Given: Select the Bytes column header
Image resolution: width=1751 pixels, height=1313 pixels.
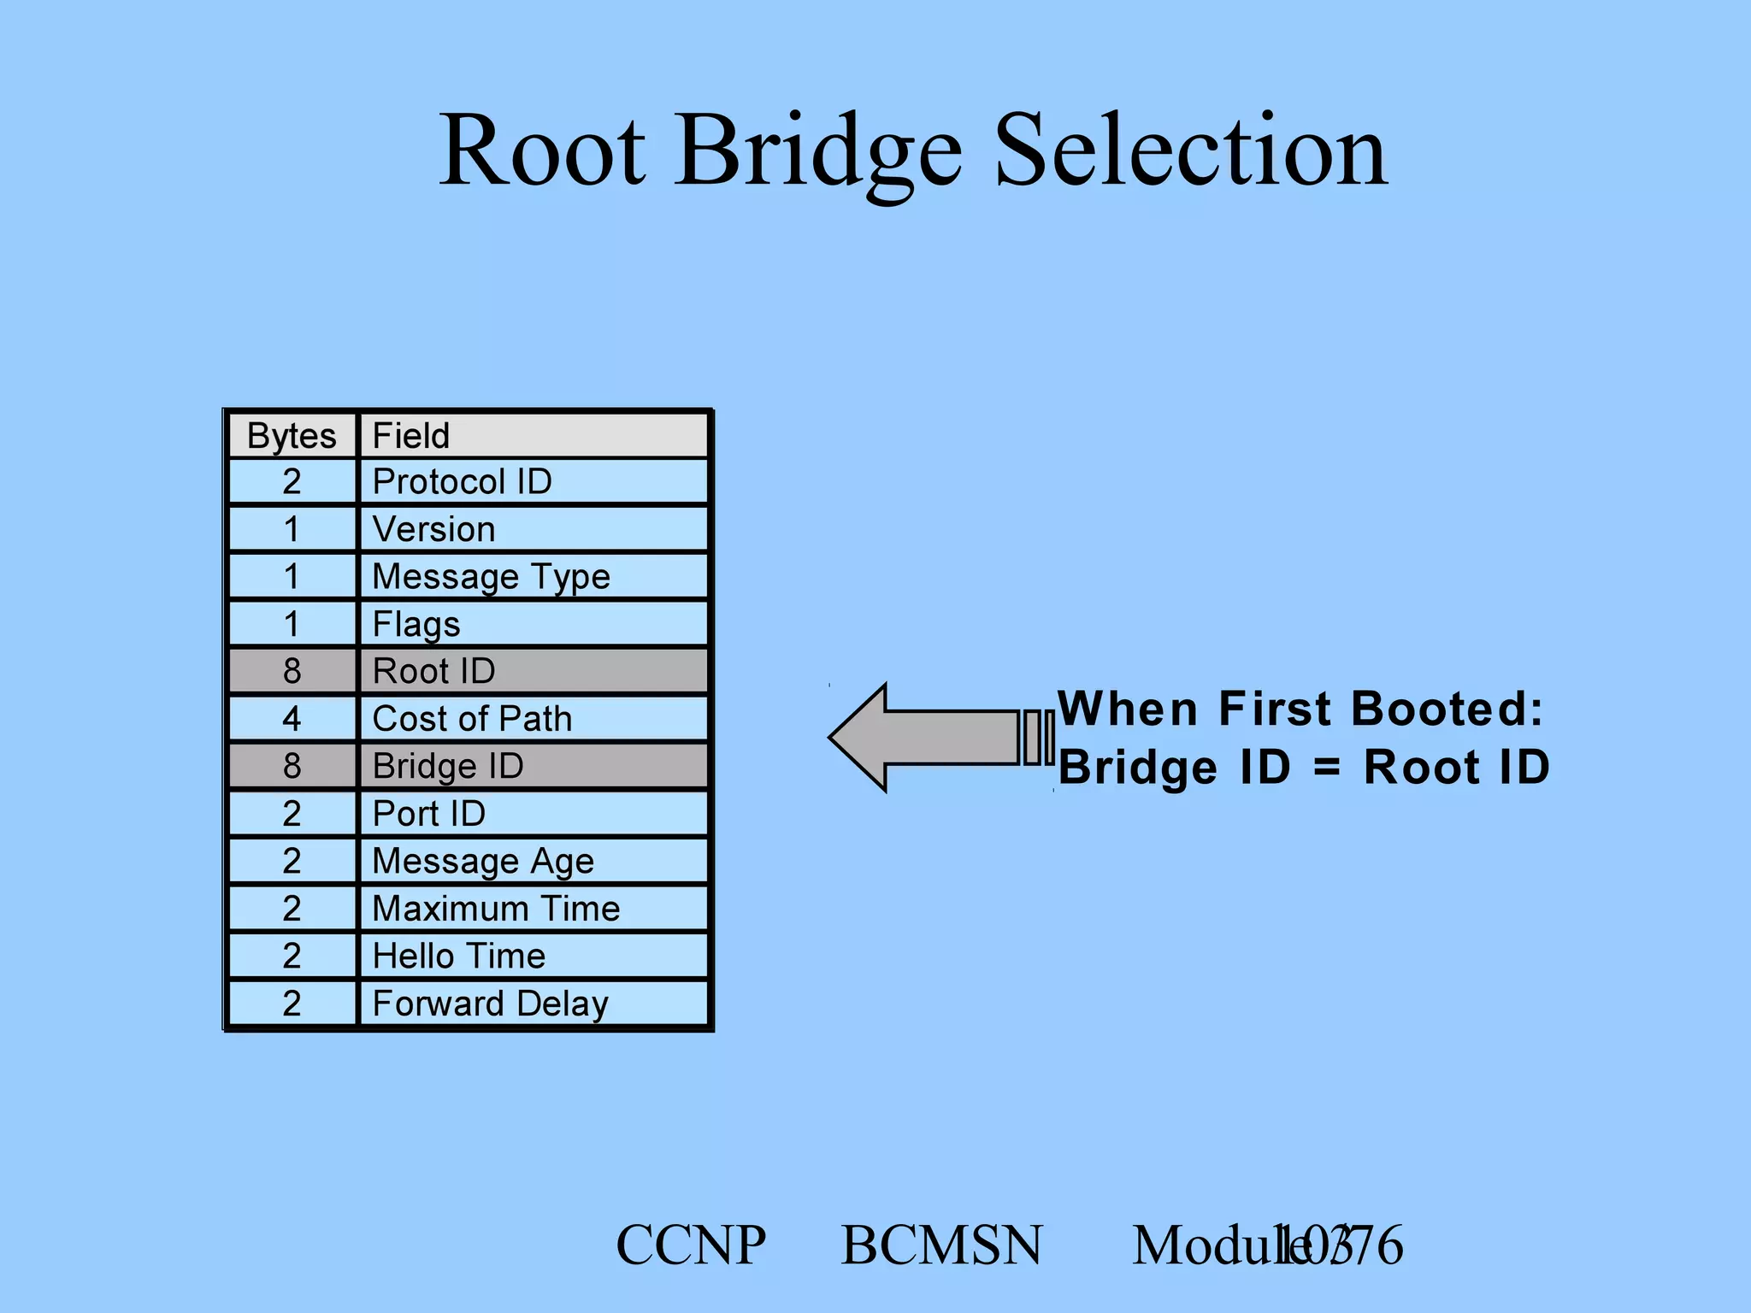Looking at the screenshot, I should pos(292,435).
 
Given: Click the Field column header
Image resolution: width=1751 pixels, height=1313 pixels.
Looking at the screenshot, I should pos(533,435).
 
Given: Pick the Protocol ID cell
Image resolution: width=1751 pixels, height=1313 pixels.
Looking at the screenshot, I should pos(533,482).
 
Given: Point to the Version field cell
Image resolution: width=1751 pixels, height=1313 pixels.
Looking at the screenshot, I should pos(533,529).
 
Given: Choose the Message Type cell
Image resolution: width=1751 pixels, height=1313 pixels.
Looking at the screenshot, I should pos(533,576).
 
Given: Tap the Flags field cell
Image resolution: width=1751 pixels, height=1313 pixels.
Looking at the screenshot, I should pos(533,624).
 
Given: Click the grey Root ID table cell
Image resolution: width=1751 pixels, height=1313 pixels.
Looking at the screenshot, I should pos(533,671).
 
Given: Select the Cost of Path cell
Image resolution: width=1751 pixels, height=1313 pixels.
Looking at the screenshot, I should pos(533,719).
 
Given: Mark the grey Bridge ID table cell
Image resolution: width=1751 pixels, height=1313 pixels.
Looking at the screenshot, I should pos(533,766).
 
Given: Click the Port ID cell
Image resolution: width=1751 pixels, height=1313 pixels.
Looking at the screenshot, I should pos(533,814).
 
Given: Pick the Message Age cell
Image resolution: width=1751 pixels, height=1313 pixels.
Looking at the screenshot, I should pos(533,861).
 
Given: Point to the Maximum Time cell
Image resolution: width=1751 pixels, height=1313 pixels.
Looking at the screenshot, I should pos(533,909).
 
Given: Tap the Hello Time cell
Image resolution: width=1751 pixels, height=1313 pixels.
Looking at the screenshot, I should pos(533,956).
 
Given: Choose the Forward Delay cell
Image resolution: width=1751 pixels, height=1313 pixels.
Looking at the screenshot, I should pos(533,1004).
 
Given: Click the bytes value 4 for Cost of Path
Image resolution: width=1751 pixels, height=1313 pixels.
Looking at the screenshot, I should pos(292,719).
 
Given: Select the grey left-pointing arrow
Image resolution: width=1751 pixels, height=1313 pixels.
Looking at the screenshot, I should pos(932,737).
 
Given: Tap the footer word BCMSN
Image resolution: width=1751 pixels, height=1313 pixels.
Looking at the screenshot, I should pos(941,1245).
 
